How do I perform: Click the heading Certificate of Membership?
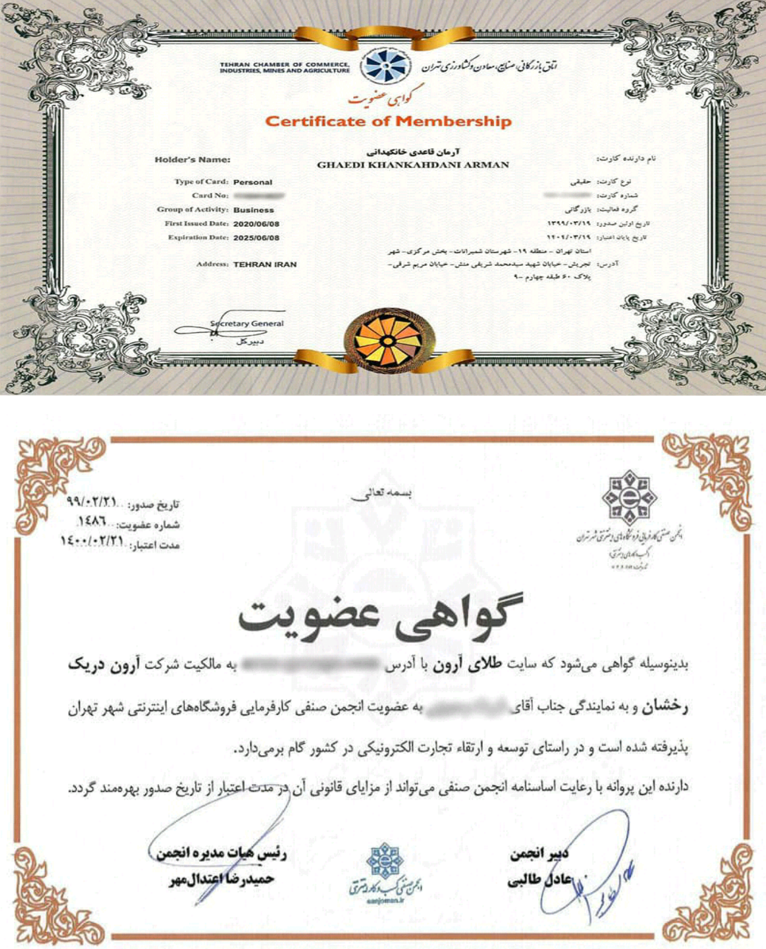tap(388, 122)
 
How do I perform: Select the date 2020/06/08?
tap(256, 224)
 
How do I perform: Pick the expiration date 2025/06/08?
tap(256, 238)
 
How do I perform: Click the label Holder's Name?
tap(193, 160)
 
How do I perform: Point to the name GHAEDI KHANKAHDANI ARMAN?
tap(412, 165)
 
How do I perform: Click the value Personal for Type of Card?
tap(252, 182)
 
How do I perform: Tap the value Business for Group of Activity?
tap(254, 210)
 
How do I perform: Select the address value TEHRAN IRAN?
tap(265, 264)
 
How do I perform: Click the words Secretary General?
tap(247, 324)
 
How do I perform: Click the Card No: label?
tap(211, 196)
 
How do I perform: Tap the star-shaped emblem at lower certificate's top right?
tap(629, 497)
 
